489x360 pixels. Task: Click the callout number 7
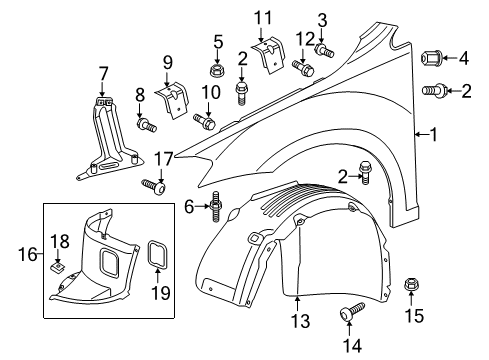(103, 74)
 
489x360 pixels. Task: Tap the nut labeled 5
(217, 70)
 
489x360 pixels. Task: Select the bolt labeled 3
(324, 50)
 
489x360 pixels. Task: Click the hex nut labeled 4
(432, 59)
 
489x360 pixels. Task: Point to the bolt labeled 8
(146, 125)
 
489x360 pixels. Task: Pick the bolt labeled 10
(204, 121)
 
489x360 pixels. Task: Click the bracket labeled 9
(171, 100)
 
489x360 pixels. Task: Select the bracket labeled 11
(269, 55)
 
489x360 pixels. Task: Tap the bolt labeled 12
(303, 68)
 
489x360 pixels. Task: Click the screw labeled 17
(154, 187)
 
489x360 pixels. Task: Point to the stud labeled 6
(216, 207)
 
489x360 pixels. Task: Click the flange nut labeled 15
(411, 285)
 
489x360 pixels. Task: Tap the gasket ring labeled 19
(158, 254)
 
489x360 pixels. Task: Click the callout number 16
(28, 255)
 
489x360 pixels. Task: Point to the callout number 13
(300, 321)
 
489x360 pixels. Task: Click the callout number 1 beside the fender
(433, 134)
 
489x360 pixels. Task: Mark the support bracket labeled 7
(110, 138)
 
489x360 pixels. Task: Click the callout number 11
(263, 18)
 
